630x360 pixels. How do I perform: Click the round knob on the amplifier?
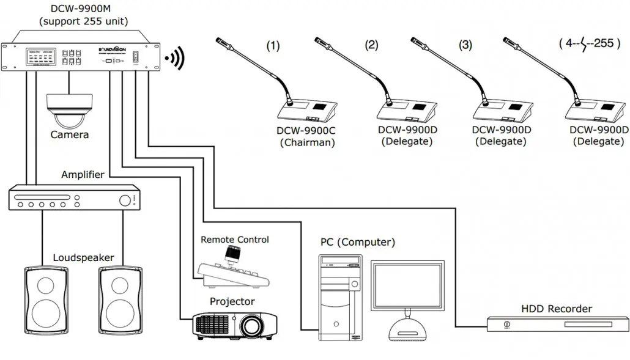(125, 200)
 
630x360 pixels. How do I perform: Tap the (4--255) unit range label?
(586, 44)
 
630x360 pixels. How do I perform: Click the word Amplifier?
(83, 175)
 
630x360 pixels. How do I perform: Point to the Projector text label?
(232, 301)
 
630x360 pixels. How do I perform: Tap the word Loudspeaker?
(83, 257)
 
